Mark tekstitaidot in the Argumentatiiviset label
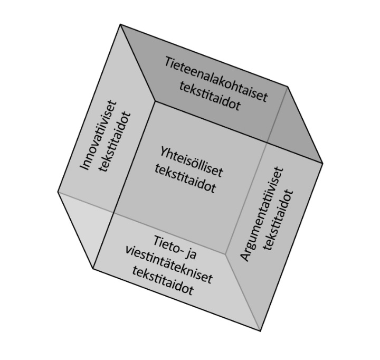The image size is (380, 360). [x=281, y=219]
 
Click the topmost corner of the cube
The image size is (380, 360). [x=120, y=24]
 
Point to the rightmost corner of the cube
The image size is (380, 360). [x=322, y=163]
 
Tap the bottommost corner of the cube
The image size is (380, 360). [x=260, y=331]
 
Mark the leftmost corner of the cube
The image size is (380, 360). [x=58, y=192]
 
